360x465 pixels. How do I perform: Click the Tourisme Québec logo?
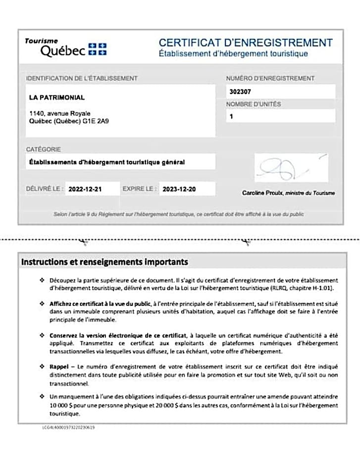click(x=65, y=47)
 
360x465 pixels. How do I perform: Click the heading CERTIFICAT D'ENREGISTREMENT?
click(x=246, y=43)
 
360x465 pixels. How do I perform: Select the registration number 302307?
click(x=241, y=92)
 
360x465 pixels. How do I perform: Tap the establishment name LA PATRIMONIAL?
click(x=57, y=97)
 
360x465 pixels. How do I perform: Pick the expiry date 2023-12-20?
click(x=180, y=189)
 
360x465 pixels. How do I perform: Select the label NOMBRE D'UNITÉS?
click(x=254, y=104)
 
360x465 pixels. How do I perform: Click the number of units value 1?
click(x=231, y=117)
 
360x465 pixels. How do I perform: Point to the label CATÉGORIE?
click(x=44, y=149)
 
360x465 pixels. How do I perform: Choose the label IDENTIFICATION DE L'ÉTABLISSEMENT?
click(x=82, y=78)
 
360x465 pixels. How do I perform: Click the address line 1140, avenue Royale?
click(x=60, y=113)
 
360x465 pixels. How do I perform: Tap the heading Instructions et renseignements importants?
click(x=104, y=262)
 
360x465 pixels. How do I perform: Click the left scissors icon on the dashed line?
click(x=84, y=242)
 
